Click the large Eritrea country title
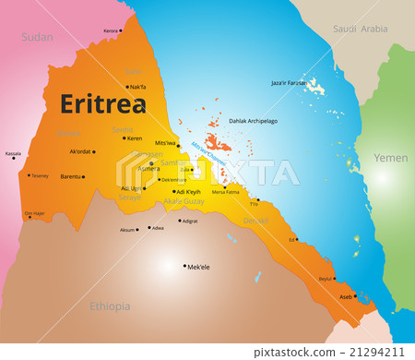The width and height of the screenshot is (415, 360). click(x=103, y=104)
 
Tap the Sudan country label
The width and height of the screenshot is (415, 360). click(x=38, y=37)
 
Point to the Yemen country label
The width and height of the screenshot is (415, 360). click(x=390, y=158)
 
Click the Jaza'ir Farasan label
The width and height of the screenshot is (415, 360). click(x=290, y=83)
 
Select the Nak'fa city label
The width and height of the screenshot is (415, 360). click(x=137, y=87)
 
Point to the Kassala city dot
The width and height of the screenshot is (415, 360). click(x=14, y=158)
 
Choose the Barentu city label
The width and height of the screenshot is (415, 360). click(x=70, y=175)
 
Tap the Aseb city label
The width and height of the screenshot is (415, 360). click(x=346, y=296)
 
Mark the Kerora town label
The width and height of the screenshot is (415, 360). click(x=111, y=30)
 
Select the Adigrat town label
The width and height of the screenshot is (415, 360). click(x=189, y=222)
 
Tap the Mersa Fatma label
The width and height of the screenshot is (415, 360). click(x=225, y=192)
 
